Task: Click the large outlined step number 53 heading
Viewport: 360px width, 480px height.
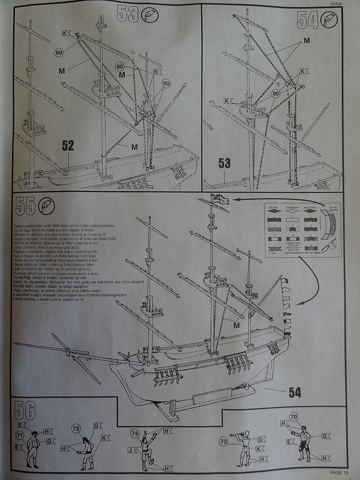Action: pos(128,15)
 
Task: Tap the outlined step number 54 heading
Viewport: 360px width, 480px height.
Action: pos(308,19)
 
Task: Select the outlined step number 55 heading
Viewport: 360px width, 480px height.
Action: pos(25,206)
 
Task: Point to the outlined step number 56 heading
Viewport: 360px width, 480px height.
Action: pos(25,411)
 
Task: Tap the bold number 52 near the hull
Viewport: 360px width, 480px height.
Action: pos(68,145)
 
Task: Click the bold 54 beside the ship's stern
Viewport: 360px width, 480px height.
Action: pos(295,392)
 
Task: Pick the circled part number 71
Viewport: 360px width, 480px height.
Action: pos(20,435)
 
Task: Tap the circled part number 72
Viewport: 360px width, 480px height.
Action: pos(75,428)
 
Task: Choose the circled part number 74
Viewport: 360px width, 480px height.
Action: pos(135,434)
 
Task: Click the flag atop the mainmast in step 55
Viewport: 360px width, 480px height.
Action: pos(221,198)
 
